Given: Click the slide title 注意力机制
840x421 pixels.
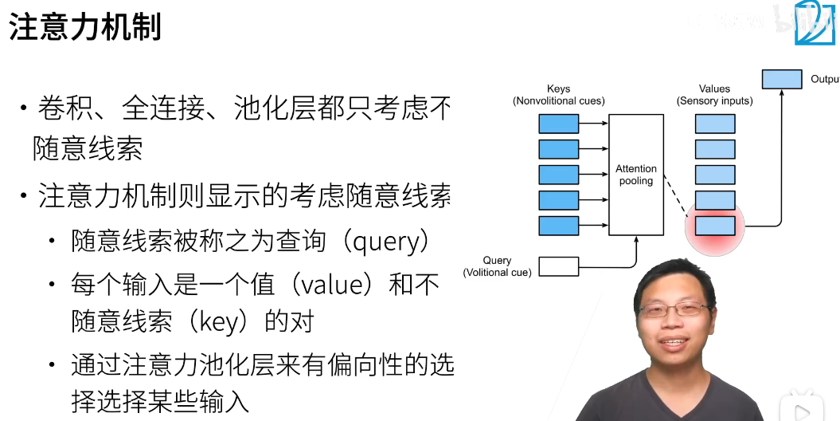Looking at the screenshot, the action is tap(85, 27).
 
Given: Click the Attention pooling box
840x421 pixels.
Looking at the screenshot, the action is tap(636, 175).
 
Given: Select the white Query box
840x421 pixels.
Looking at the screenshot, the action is tap(558, 266).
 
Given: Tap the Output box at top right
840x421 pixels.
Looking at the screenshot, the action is tap(781, 79).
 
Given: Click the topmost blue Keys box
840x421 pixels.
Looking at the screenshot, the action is tap(558, 124).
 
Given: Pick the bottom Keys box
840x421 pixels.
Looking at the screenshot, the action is tap(558, 226).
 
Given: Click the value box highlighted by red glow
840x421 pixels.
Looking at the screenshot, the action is tap(715, 226).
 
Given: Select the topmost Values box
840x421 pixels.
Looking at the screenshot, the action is tap(715, 124).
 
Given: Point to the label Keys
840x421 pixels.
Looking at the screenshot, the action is tap(558, 89).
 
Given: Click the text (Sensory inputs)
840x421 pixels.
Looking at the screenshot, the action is tap(714, 101).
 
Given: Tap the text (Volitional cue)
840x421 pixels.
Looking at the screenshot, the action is tap(498, 272).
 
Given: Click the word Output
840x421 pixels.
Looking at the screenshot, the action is tap(824, 79).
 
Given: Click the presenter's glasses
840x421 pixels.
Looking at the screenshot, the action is tap(676, 309).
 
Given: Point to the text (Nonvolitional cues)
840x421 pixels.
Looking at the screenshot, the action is tap(558, 101).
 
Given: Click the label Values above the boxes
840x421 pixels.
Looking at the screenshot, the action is tap(714, 89).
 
